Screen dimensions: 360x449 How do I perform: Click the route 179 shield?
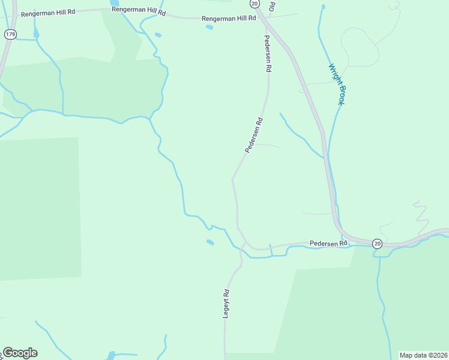coord(10,34)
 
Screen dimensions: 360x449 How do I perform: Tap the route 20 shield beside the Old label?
coord(255,4)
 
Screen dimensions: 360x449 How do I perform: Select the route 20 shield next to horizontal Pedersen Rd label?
coord(376,243)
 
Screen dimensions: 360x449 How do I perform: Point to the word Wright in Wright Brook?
coord(333,74)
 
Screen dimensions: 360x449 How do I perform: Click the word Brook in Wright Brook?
coord(340,95)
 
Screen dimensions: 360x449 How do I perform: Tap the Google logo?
coord(20,353)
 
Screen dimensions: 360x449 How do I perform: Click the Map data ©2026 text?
coord(423,355)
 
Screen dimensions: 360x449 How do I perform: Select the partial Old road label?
coord(272,6)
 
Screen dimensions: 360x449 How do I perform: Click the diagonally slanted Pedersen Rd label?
coord(254,135)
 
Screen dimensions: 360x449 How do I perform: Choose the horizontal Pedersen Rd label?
coord(328,243)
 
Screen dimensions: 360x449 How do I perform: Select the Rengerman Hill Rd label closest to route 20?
coord(229,19)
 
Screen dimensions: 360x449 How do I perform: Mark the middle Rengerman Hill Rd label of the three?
coord(138,10)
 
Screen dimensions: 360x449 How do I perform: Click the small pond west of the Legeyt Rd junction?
coord(209,242)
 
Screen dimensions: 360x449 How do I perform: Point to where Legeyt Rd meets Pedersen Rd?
coord(244,243)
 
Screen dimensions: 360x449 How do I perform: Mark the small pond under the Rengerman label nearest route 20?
coord(209,27)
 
